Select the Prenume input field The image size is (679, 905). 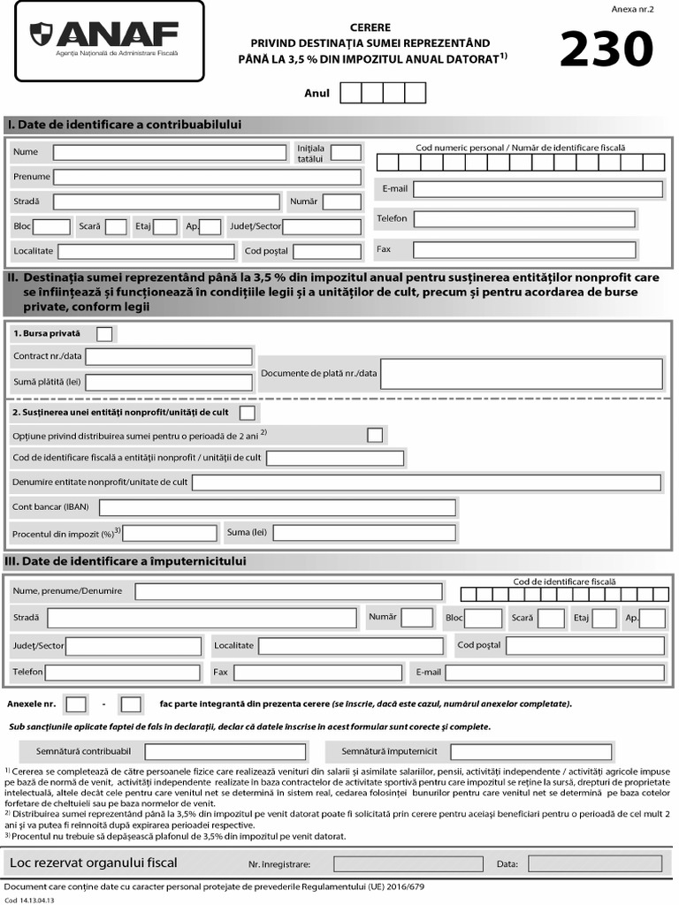click(207, 177)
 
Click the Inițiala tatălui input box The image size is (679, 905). click(346, 153)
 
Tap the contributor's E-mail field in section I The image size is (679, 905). click(538, 189)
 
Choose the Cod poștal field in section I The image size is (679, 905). click(327, 252)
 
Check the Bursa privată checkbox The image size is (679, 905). click(104, 334)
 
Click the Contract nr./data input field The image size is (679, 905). click(169, 357)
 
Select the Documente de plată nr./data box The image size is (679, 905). click(522, 374)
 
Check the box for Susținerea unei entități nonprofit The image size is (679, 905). click(248, 413)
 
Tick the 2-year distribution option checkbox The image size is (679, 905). click(375, 435)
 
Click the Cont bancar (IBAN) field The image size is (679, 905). click(278, 507)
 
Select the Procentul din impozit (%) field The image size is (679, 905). click(170, 533)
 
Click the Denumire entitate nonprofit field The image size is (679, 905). click(426, 483)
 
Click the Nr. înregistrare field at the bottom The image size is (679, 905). click(395, 863)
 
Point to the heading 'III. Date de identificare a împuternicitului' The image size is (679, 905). click(126, 561)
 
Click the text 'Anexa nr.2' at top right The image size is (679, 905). click(631, 9)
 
